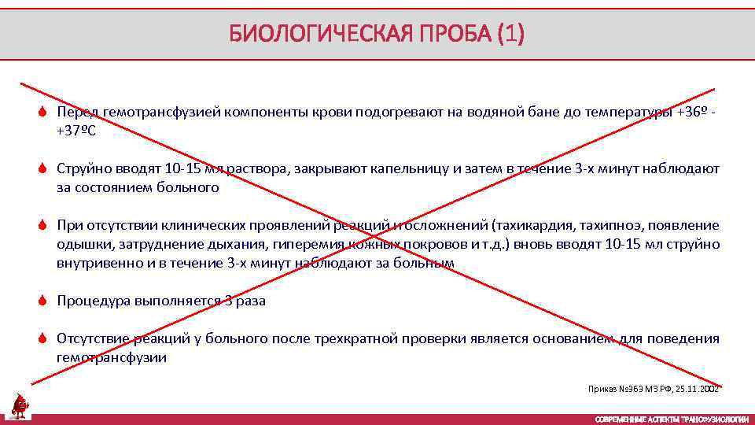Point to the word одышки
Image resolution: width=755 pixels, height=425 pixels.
click(78, 244)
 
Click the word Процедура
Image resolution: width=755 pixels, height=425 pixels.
click(92, 301)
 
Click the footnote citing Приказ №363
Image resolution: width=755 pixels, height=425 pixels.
click(654, 389)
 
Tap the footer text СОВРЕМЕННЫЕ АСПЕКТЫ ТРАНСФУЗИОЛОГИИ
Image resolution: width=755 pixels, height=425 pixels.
click(672, 419)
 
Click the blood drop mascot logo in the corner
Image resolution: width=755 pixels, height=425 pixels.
click(18, 405)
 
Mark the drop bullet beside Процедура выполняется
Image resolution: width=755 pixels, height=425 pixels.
click(45, 301)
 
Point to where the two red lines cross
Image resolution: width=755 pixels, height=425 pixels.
click(370, 236)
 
